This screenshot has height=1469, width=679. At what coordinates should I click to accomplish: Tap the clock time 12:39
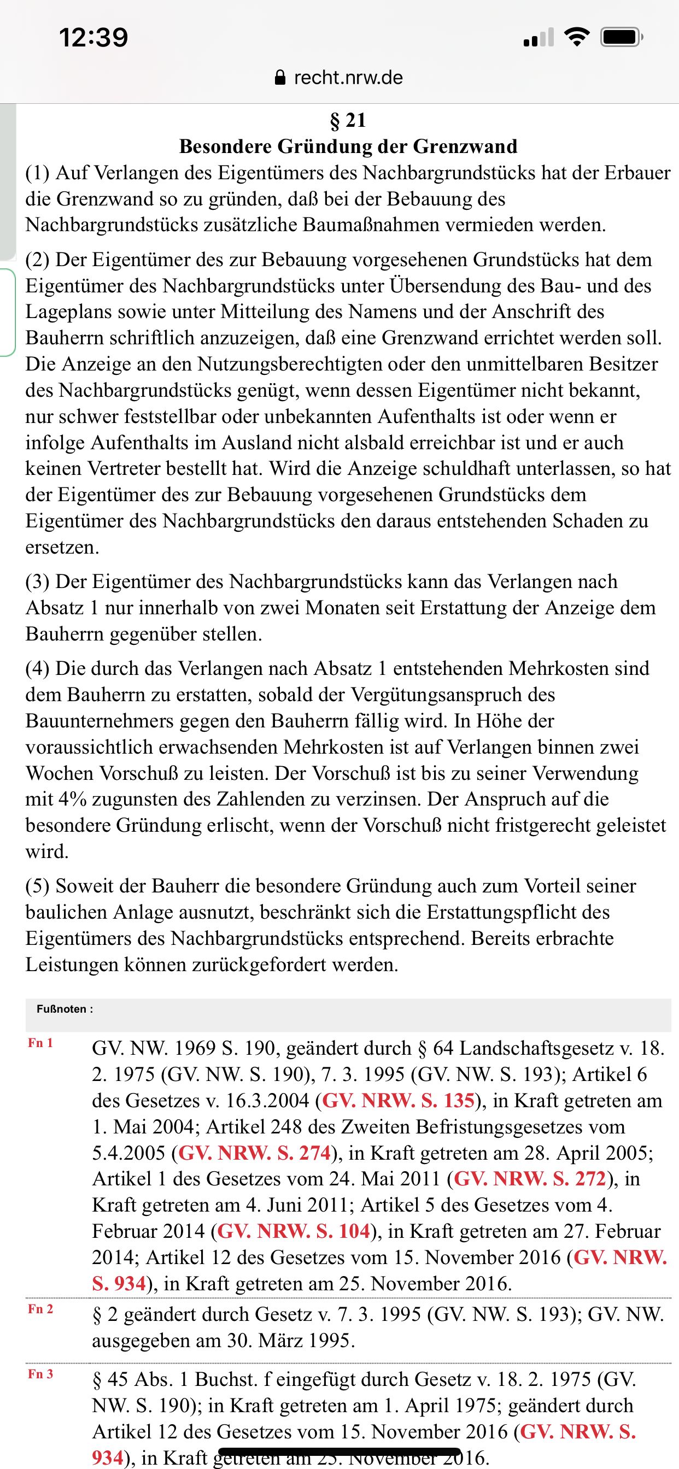point(93,38)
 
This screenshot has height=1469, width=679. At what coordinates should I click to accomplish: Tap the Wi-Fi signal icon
point(577,38)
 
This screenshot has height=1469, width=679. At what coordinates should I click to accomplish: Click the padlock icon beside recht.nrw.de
point(280,78)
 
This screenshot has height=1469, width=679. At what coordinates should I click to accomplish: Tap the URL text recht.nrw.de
point(348,78)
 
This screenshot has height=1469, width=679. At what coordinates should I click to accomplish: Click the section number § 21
point(348,120)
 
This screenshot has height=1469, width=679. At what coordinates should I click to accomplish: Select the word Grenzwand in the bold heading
point(465,146)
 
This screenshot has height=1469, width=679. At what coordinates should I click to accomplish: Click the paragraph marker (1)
point(38,173)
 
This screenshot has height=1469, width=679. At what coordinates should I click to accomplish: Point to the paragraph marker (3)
point(38,581)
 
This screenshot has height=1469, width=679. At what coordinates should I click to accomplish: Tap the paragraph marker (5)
point(38,886)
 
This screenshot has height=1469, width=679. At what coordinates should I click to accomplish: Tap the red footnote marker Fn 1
point(40,1043)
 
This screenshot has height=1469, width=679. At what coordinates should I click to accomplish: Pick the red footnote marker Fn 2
point(40,1309)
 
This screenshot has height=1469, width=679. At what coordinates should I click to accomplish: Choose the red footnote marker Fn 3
point(40,1374)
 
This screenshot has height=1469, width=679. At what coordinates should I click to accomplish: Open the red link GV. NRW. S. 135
point(399,1101)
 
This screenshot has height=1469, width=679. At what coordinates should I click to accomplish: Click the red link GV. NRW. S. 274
point(254,1153)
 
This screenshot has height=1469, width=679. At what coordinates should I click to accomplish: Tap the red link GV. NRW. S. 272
point(530,1179)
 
